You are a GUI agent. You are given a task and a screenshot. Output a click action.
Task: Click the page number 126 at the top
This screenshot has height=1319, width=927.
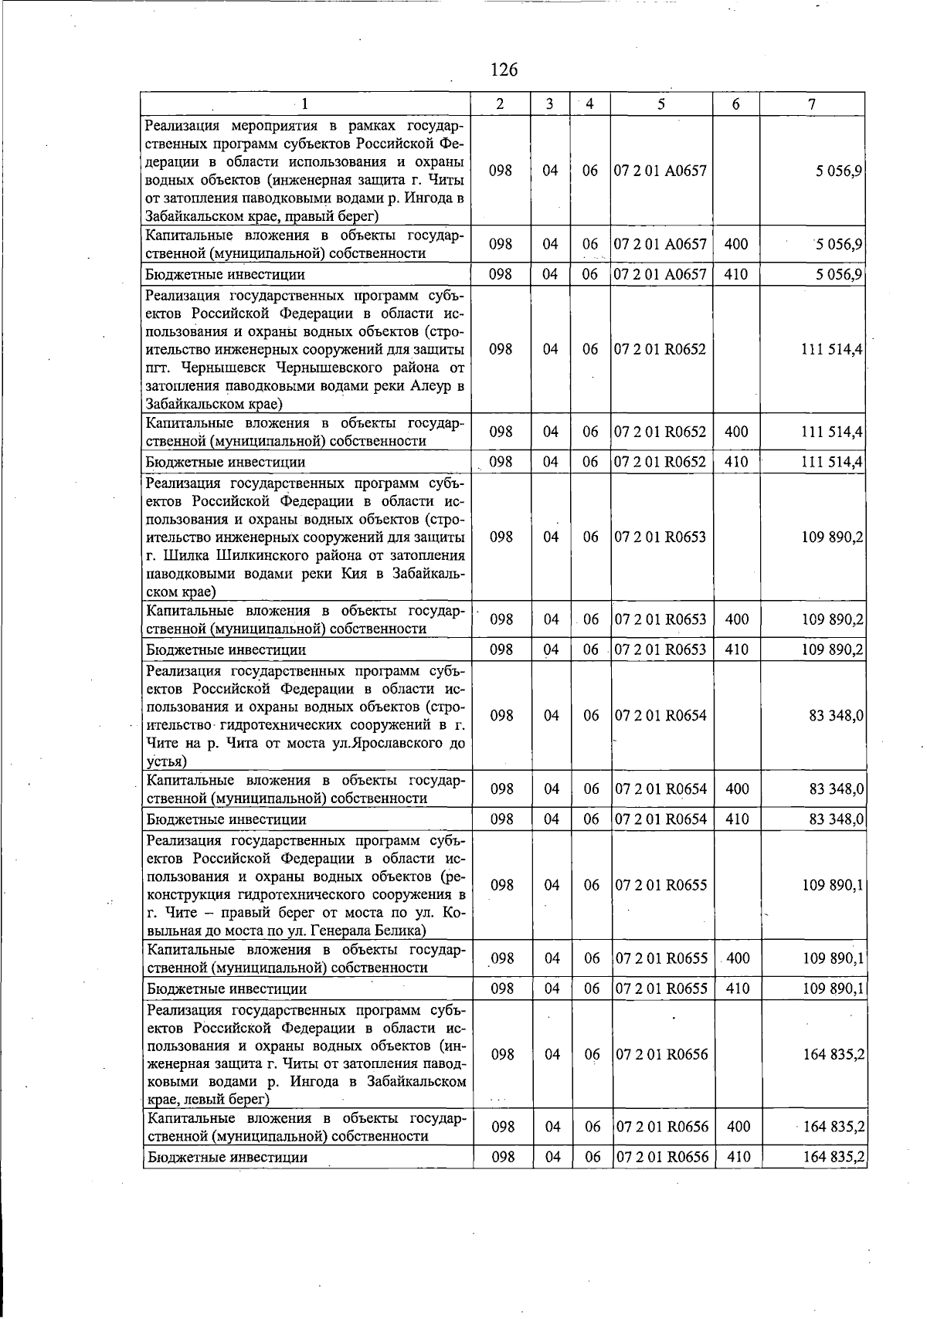[504, 70]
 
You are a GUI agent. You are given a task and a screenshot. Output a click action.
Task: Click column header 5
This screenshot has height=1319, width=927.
[660, 104]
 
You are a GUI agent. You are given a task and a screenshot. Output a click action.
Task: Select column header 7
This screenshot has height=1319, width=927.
[812, 104]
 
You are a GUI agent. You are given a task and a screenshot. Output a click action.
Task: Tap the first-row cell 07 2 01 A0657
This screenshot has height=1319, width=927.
[660, 171]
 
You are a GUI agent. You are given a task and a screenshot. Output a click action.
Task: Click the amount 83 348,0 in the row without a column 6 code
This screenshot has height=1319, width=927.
[836, 716]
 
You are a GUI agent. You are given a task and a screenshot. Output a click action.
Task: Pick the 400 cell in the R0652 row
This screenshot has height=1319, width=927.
[736, 432]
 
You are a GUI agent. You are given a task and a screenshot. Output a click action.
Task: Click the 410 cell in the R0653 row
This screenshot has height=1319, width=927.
[737, 649]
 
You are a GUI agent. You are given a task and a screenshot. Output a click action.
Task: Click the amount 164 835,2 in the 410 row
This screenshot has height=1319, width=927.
[834, 1157]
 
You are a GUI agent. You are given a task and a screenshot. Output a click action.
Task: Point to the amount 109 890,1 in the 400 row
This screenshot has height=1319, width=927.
[833, 958]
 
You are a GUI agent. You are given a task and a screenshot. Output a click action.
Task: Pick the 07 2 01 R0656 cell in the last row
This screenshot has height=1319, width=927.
[661, 1157]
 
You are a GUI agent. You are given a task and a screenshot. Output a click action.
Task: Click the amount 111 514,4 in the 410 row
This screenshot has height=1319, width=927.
[832, 462]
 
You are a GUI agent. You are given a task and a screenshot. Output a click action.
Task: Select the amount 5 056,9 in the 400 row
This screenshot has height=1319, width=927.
[838, 245]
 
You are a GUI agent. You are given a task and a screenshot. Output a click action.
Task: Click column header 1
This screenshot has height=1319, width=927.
[304, 104]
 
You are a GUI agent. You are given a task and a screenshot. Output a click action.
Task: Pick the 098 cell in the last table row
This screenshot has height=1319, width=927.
[503, 1157]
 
